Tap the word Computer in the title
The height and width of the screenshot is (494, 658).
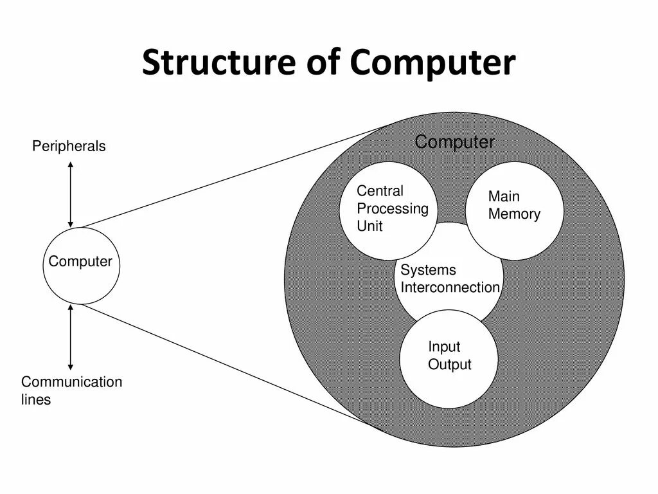pos(433,63)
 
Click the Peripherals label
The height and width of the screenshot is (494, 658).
pos(69,147)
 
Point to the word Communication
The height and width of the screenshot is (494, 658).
pos(71,382)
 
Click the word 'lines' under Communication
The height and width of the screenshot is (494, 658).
pos(36,399)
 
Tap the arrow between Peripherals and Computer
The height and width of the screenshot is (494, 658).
pos(71,194)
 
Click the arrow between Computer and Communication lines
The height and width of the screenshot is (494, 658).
pos(71,337)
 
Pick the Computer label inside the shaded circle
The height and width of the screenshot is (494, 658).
pos(454,142)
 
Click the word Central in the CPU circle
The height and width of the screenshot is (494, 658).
pos(380,191)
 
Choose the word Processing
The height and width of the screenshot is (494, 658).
pos(392,208)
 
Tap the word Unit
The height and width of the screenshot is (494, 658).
pos(369,226)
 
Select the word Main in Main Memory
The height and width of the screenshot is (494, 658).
pos(504,196)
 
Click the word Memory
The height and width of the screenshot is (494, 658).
pos(514,214)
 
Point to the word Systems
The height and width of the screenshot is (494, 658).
pos(428,270)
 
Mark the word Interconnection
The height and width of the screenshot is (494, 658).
pos(450,288)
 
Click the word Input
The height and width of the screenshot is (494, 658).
pos(444,347)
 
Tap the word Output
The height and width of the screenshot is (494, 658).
pos(449,365)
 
